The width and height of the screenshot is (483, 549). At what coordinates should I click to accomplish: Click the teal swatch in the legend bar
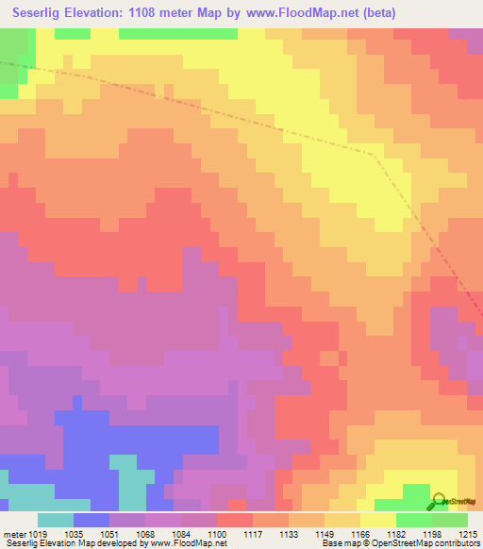pyautogui.click(x=55, y=521)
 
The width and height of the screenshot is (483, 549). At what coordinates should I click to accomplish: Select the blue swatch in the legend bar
pyautogui.click(x=92, y=521)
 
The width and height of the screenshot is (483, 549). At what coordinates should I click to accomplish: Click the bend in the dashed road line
pyautogui.click(x=375, y=155)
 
